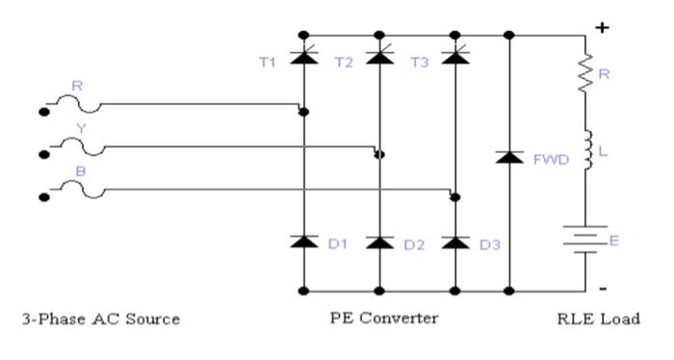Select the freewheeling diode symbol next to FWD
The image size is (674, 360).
click(510, 157)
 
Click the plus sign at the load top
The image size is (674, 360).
click(604, 28)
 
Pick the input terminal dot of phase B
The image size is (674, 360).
click(44, 197)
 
